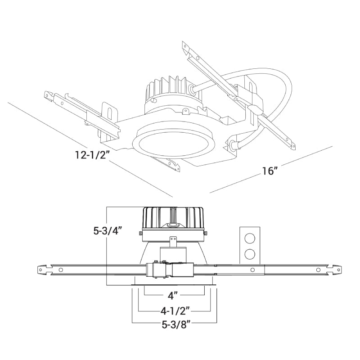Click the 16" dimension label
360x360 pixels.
pos(269,171)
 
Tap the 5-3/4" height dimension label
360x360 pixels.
pos(108,231)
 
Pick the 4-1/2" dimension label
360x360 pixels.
pos(175,310)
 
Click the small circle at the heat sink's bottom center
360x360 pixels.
pos(172,224)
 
